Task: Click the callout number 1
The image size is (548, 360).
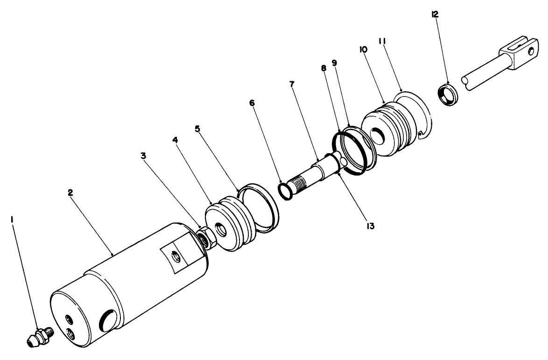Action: coord(13,219)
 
